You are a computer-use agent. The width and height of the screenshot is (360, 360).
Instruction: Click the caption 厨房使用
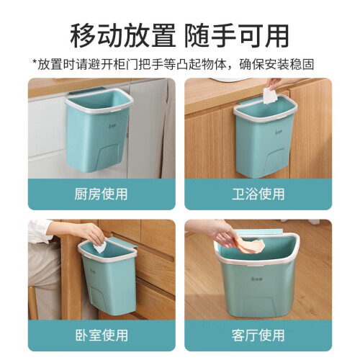(x=101, y=194)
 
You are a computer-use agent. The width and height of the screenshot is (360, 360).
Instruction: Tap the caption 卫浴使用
(x=258, y=194)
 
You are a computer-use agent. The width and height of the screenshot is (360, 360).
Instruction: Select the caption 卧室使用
(x=102, y=335)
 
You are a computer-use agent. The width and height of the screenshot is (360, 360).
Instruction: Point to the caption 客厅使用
(x=258, y=335)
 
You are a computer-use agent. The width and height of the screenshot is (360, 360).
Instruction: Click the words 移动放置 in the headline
(x=123, y=36)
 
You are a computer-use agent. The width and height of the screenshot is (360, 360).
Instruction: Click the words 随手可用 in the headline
(x=237, y=36)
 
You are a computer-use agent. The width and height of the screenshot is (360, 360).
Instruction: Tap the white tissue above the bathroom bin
(x=270, y=96)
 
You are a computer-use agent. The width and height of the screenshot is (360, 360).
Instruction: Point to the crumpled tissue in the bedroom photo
(x=100, y=247)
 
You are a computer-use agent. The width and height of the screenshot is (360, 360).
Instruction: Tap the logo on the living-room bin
(x=258, y=279)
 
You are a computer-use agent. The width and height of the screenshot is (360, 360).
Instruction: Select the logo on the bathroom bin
(x=278, y=131)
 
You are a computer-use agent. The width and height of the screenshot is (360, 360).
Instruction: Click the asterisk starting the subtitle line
(x=35, y=63)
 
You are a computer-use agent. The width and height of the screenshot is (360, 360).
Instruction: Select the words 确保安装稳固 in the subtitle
(x=276, y=64)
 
